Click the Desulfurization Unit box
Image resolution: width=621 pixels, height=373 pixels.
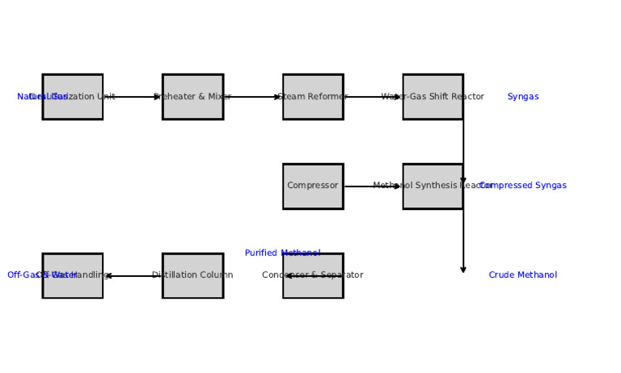pyautogui.click(x=73, y=97)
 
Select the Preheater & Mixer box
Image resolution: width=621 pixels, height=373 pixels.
pyautogui.click(x=192, y=97)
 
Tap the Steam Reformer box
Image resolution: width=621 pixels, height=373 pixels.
pyautogui.click(x=313, y=97)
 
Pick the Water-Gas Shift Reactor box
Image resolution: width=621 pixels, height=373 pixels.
pyautogui.click(x=433, y=97)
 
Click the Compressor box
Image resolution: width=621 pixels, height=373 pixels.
pyautogui.click(x=313, y=186)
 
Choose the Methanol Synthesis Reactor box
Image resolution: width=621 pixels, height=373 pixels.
pyautogui.click(x=433, y=186)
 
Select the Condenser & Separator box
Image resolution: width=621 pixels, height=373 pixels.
pyautogui.click(x=313, y=276)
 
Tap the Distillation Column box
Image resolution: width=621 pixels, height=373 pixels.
pyautogui.click(x=192, y=276)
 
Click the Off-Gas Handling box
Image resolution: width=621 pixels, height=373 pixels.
pyautogui.click(x=73, y=276)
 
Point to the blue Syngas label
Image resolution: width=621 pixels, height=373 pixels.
pyautogui.click(x=522, y=97)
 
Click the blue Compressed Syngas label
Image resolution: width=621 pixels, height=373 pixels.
pyautogui.click(x=522, y=186)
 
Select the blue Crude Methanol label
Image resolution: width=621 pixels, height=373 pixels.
pyautogui.click(x=522, y=275)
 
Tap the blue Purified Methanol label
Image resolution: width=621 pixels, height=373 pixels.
pyautogui.click(x=282, y=254)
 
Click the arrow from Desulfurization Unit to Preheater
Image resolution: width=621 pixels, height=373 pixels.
pyautogui.click(x=133, y=97)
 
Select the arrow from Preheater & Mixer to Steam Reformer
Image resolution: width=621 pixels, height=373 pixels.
pyautogui.click(x=252, y=97)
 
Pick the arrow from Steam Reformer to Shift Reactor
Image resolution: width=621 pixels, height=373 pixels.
pyautogui.click(x=373, y=97)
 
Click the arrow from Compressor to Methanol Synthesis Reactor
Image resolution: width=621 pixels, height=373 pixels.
pyautogui.click(x=373, y=186)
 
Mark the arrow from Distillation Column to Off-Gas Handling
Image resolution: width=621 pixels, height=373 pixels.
pyautogui.click(x=133, y=276)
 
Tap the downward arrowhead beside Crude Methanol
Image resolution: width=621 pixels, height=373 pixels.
pyautogui.click(x=463, y=270)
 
